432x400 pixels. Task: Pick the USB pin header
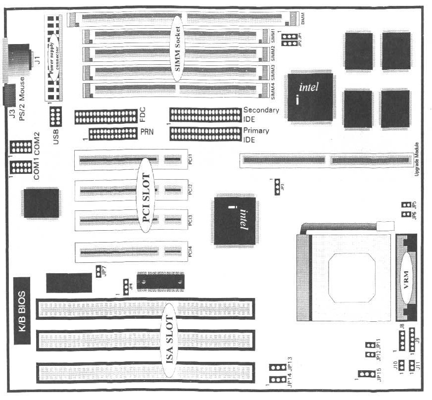pyautogui.click(x=55, y=117)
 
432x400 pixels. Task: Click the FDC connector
pyautogui.click(x=105, y=117)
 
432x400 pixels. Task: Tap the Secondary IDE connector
pyautogui.click(x=205, y=114)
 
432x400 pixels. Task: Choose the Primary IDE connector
pyautogui.click(x=205, y=134)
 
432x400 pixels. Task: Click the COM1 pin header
pyautogui.click(x=20, y=167)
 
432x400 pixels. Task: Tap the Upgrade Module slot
pyautogui.click(x=326, y=160)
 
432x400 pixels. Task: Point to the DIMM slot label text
pyautogui.click(x=303, y=19)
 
